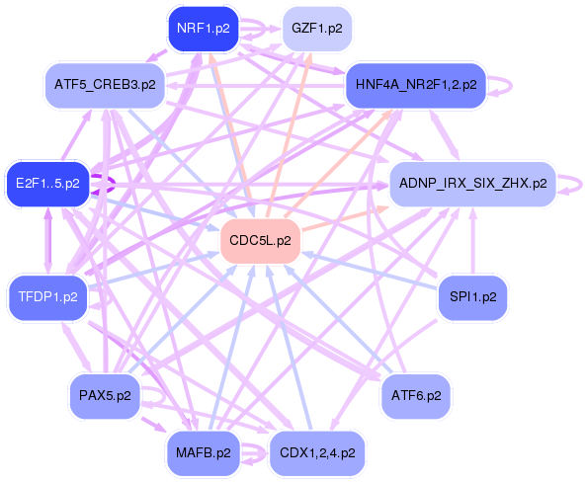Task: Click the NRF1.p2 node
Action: click(x=203, y=28)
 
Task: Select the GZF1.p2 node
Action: click(x=317, y=28)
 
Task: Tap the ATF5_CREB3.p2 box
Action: click(x=106, y=85)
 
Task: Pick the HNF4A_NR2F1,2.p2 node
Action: click(x=415, y=85)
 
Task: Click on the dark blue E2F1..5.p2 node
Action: click(x=47, y=183)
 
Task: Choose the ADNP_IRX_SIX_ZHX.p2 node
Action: click(x=471, y=183)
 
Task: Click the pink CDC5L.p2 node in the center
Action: click(x=260, y=240)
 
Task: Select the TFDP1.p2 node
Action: click(x=47, y=295)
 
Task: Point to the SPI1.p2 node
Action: click(x=472, y=295)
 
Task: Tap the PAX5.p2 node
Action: click(x=104, y=395)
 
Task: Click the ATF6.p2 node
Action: click(x=416, y=395)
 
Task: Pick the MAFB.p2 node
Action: click(x=203, y=452)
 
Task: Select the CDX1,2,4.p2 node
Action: click(x=317, y=452)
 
